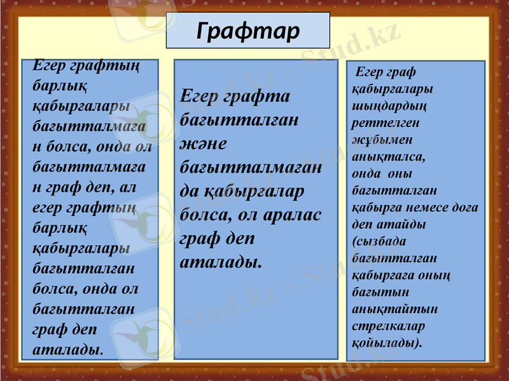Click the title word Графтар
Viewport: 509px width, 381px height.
point(248,30)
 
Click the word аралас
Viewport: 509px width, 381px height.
point(290,214)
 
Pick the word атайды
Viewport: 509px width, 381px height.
point(401,224)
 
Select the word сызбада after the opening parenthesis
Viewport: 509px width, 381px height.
point(380,241)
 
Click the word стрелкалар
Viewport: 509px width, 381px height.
point(387,326)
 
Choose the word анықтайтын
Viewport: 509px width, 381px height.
point(394,309)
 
